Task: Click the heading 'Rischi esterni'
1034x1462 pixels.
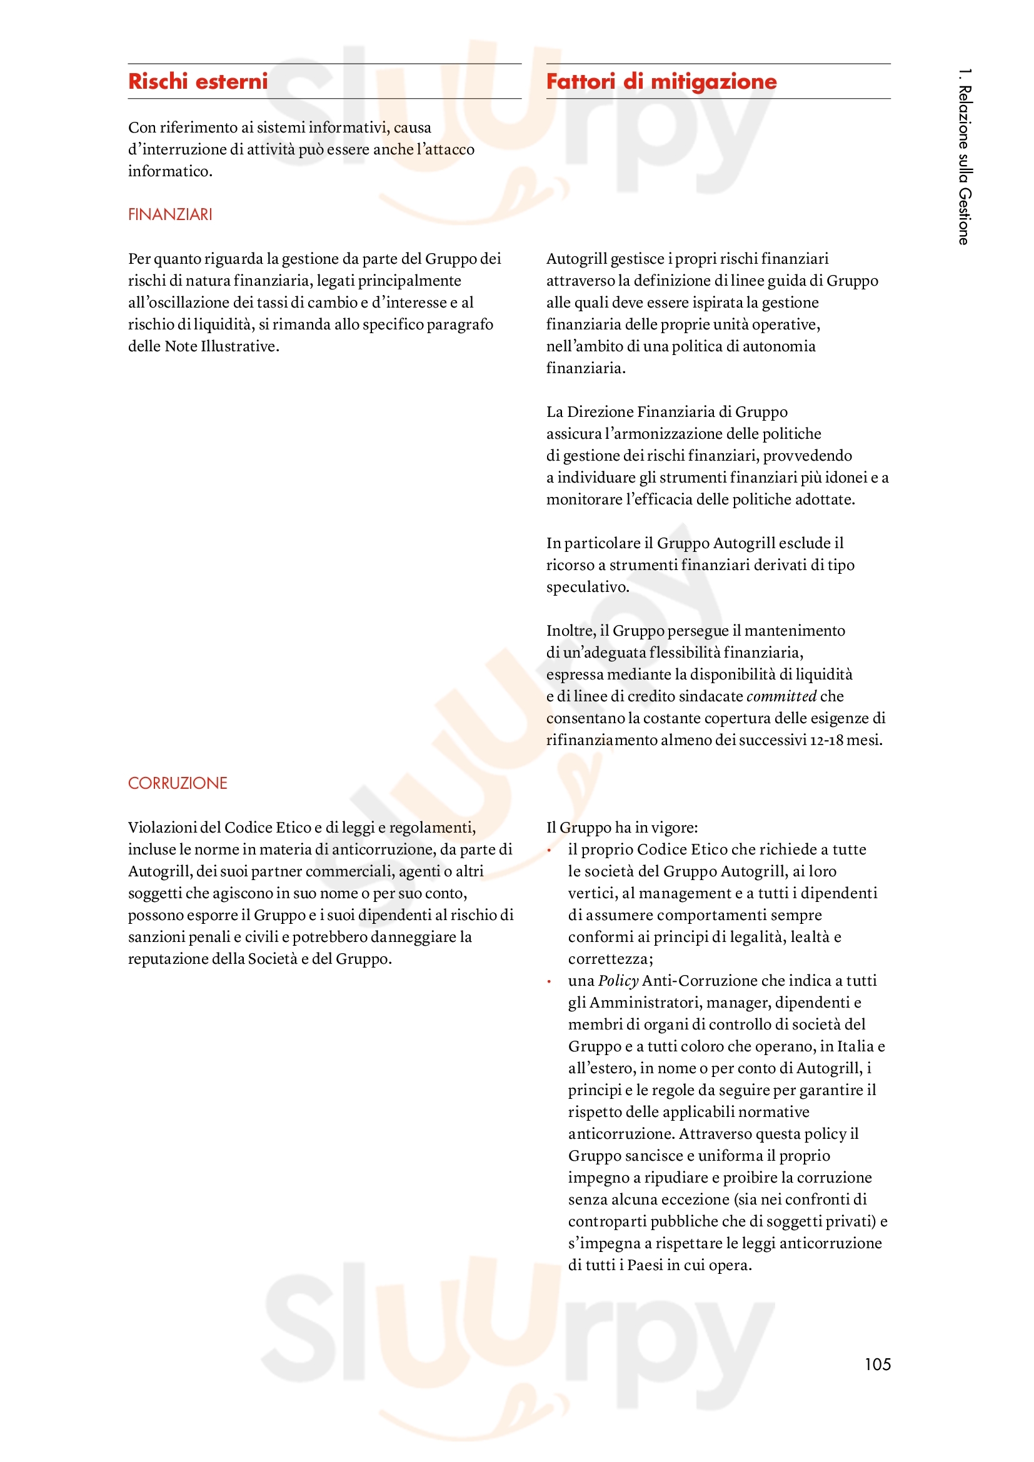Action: pos(198,81)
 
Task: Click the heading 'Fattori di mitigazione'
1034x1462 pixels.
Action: pos(661,81)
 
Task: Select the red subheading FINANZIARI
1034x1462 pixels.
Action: pos(170,214)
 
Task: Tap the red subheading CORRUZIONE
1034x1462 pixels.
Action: pos(178,783)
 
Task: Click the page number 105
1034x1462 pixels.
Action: pos(877,1364)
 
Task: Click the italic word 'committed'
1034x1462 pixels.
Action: pos(781,696)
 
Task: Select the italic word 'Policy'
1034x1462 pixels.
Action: pos(618,981)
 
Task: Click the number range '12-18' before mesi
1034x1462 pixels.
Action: pos(826,740)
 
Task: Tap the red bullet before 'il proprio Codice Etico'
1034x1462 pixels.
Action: pos(549,850)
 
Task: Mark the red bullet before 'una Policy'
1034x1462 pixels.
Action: pos(549,981)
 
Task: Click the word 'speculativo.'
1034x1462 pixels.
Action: pos(587,587)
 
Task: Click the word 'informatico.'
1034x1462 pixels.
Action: pos(170,171)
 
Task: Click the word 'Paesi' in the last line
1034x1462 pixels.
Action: pos(646,1265)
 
